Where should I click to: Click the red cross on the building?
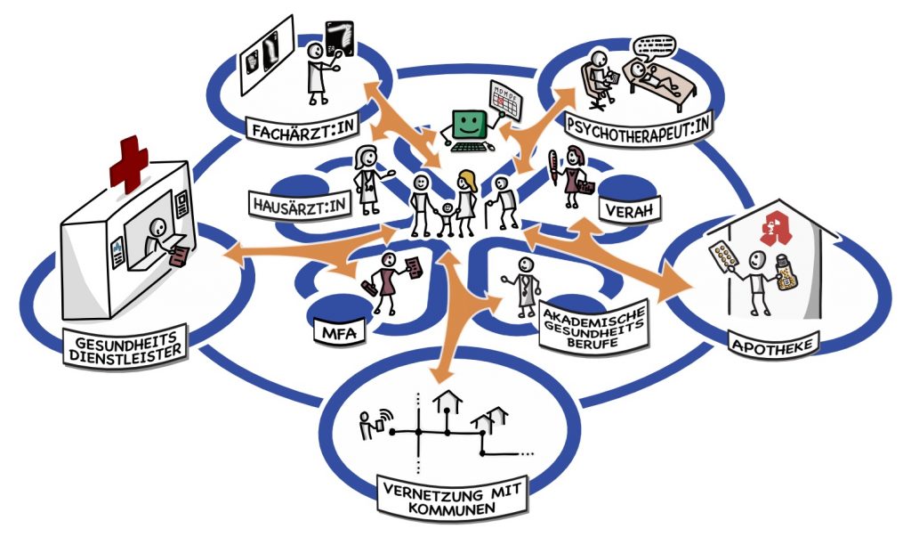click(130, 163)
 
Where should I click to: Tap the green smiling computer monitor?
click(469, 123)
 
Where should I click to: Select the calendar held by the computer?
click(504, 101)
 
